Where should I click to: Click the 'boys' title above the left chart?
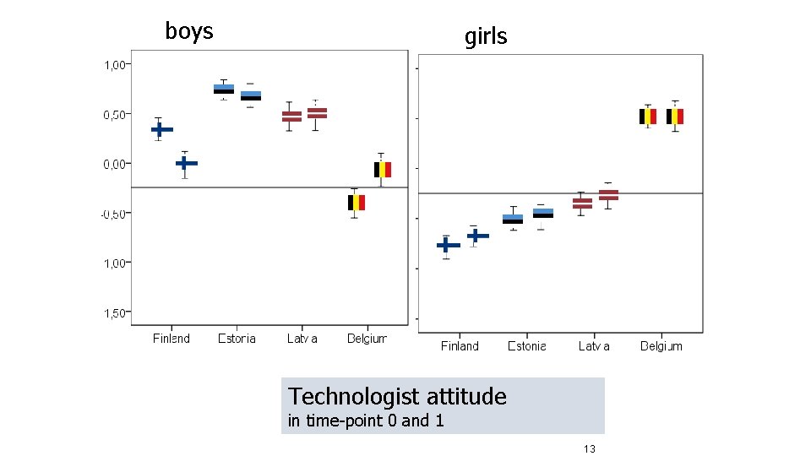pyautogui.click(x=189, y=32)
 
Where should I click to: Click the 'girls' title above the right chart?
pyautogui.click(x=486, y=36)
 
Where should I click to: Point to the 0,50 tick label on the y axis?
pyautogui.click(x=115, y=114)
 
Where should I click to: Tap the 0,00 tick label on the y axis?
pyautogui.click(x=115, y=164)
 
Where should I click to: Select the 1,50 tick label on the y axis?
pyautogui.click(x=115, y=313)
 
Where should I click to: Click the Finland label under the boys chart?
pyautogui.click(x=171, y=339)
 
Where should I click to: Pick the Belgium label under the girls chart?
pyautogui.click(x=661, y=345)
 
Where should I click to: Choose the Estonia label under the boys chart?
pyautogui.click(x=237, y=339)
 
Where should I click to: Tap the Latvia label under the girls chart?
pyautogui.click(x=594, y=345)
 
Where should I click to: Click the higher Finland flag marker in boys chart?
pyautogui.click(x=161, y=129)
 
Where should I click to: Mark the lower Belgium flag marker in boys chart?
pyautogui.click(x=357, y=203)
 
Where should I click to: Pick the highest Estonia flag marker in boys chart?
pyautogui.click(x=224, y=89)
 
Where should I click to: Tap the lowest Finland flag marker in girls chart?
pyautogui.click(x=448, y=246)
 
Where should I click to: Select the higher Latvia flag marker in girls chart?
pyautogui.click(x=608, y=195)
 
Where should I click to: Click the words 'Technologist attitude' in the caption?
pyautogui.click(x=397, y=396)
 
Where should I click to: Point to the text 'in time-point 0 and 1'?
pyautogui.click(x=365, y=421)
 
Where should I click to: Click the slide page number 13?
pyautogui.click(x=589, y=448)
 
